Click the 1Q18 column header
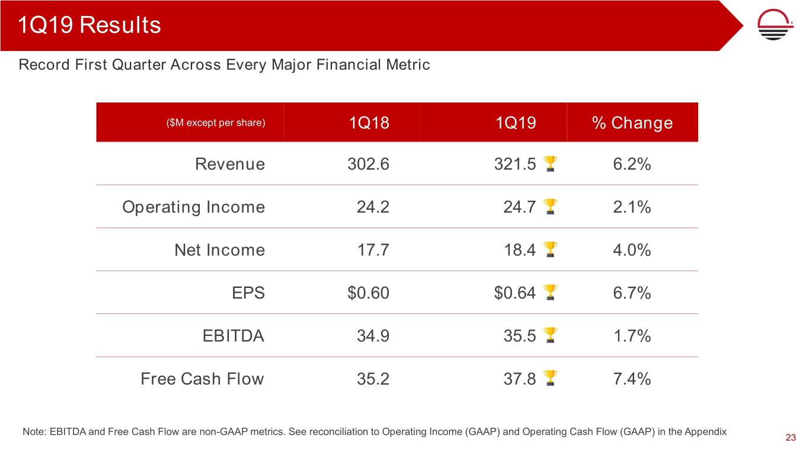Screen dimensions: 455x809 click(x=369, y=123)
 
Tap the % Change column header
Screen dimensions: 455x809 click(x=632, y=123)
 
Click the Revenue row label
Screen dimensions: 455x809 click(x=230, y=164)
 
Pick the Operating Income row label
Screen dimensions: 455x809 click(x=193, y=207)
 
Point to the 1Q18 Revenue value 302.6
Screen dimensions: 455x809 click(x=369, y=164)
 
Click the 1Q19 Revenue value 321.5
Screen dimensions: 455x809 click(x=515, y=164)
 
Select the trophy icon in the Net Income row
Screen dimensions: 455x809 click(x=550, y=250)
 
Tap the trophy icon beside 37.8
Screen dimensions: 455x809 click(x=550, y=379)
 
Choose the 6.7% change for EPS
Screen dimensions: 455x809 click(x=632, y=293)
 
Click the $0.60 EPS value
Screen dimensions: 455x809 click(x=369, y=293)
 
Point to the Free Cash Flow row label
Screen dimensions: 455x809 click(x=202, y=379)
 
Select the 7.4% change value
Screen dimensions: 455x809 click(x=632, y=379)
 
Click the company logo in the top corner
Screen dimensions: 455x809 click(x=777, y=26)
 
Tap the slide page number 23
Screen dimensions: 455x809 click(x=790, y=438)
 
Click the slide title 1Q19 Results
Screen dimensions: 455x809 click(x=89, y=25)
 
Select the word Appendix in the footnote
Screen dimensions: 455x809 click(x=706, y=432)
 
